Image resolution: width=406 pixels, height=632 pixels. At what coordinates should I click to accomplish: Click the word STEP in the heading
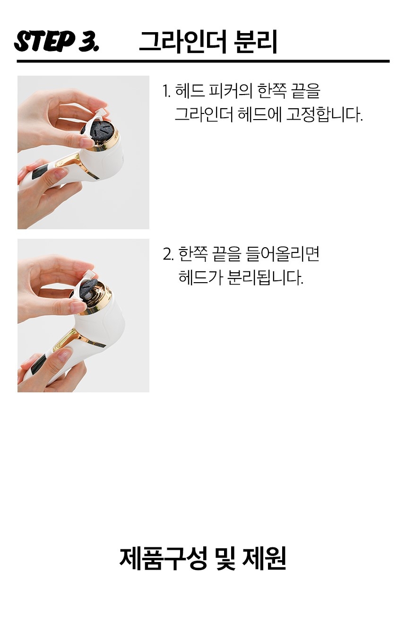(44, 41)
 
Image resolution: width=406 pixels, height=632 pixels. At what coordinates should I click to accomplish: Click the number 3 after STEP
(88, 41)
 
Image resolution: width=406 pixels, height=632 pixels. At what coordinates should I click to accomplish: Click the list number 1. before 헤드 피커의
(166, 91)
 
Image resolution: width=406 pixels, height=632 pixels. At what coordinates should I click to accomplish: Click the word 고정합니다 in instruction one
(324, 114)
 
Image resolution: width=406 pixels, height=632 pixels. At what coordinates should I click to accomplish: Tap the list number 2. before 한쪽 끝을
(168, 254)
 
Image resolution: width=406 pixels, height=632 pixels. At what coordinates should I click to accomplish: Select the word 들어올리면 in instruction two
(283, 254)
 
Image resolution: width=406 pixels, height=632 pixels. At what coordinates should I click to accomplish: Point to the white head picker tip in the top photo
(102, 113)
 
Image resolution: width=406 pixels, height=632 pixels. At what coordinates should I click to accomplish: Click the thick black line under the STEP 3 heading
(203, 61)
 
